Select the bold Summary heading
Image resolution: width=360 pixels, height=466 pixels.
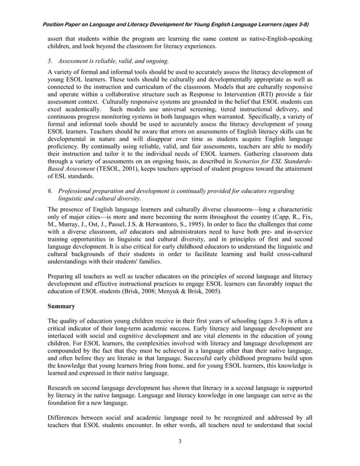[62, 306]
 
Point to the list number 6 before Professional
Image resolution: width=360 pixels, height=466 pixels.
[50, 191]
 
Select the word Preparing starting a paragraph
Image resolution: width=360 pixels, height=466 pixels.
[62, 276]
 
